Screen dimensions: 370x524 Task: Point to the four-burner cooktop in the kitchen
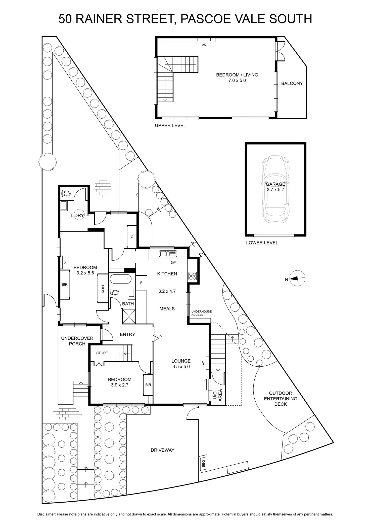(x=193, y=276)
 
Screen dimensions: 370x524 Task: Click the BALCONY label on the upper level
(x=292, y=83)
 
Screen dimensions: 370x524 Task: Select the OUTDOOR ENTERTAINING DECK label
(x=281, y=399)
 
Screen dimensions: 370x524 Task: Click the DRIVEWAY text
(x=162, y=450)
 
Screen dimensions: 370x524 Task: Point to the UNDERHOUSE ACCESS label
(x=201, y=313)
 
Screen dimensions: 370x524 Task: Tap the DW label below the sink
(x=173, y=263)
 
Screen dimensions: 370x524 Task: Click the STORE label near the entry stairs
(x=102, y=353)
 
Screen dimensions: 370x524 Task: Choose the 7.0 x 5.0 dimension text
(x=237, y=81)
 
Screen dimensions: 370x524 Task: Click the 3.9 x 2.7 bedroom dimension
(x=120, y=385)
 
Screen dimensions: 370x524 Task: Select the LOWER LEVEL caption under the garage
(x=262, y=243)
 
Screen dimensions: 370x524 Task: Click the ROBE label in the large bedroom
(x=103, y=288)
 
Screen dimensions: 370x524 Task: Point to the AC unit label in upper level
(x=204, y=45)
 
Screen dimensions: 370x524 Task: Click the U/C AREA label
(x=217, y=395)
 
